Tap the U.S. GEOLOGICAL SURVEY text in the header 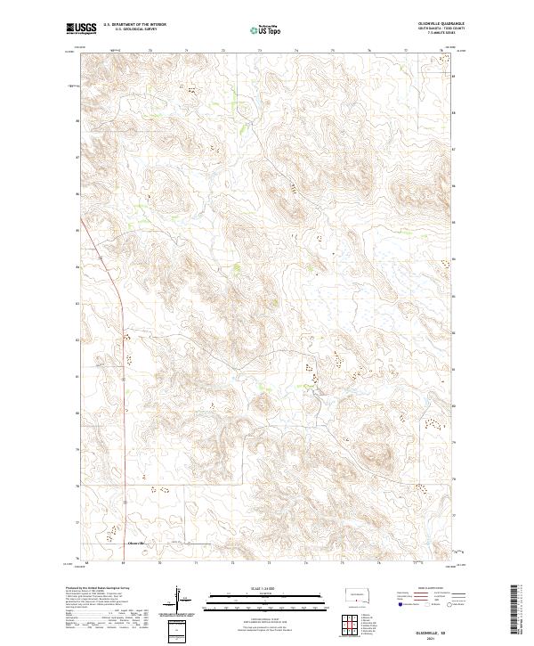click(124, 30)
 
